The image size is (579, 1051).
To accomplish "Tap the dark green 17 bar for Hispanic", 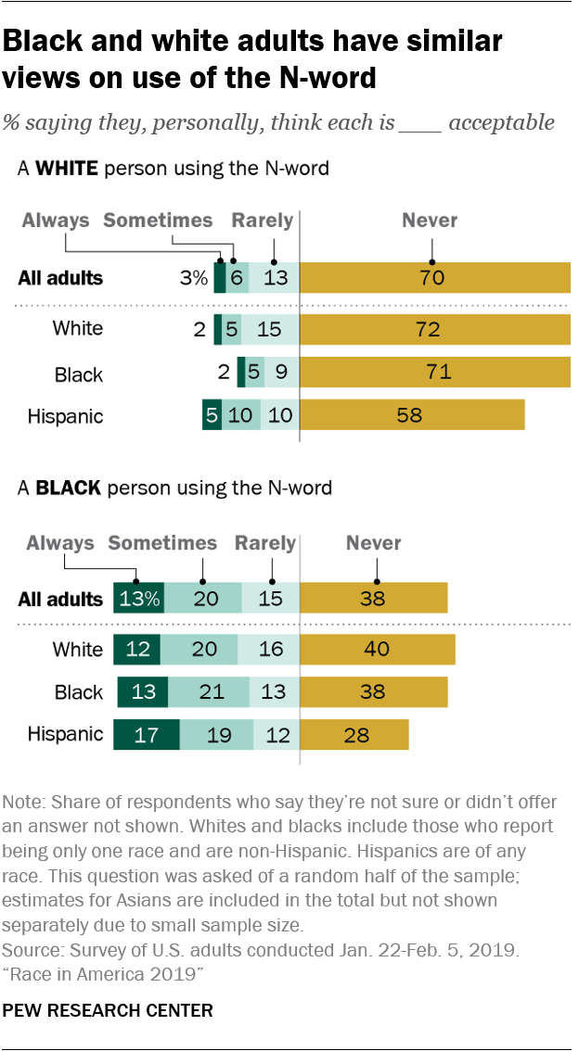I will click(x=146, y=735).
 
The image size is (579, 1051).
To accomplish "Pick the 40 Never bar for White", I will click(x=378, y=649).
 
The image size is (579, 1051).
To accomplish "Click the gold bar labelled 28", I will click(x=354, y=735).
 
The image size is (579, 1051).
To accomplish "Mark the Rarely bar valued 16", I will click(x=271, y=649).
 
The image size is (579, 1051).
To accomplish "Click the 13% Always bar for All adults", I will click(x=139, y=599).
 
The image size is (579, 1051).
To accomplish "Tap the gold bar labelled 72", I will click(x=434, y=329).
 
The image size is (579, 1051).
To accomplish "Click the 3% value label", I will click(x=193, y=278).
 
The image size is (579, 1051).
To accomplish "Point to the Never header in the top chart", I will click(x=430, y=221).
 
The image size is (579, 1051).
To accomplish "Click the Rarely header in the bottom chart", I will click(x=265, y=543).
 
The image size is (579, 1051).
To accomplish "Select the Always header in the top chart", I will click(x=56, y=221).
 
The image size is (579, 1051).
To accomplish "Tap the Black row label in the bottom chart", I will click(x=79, y=692).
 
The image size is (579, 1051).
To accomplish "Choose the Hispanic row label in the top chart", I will click(x=65, y=415).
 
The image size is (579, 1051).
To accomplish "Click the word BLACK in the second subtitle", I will click(x=67, y=488).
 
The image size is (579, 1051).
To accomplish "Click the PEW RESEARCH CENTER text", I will click(x=108, y=1009).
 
